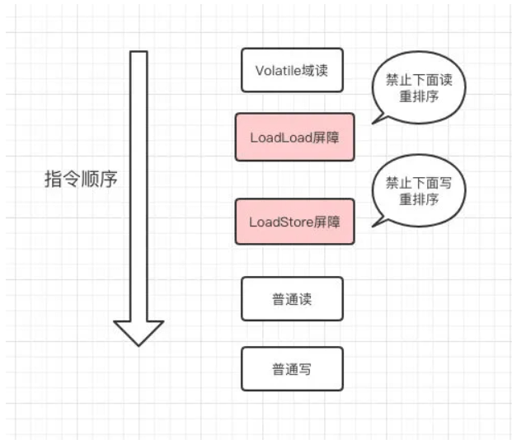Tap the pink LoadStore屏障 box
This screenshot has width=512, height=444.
[x=294, y=221]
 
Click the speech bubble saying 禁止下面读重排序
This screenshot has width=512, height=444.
[x=420, y=87]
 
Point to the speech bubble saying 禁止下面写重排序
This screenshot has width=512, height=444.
[x=420, y=191]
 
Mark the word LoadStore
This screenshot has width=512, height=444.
[x=279, y=221]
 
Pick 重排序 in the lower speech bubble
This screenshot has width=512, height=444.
[x=420, y=200]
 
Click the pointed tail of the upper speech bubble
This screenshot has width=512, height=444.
[x=375, y=121]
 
